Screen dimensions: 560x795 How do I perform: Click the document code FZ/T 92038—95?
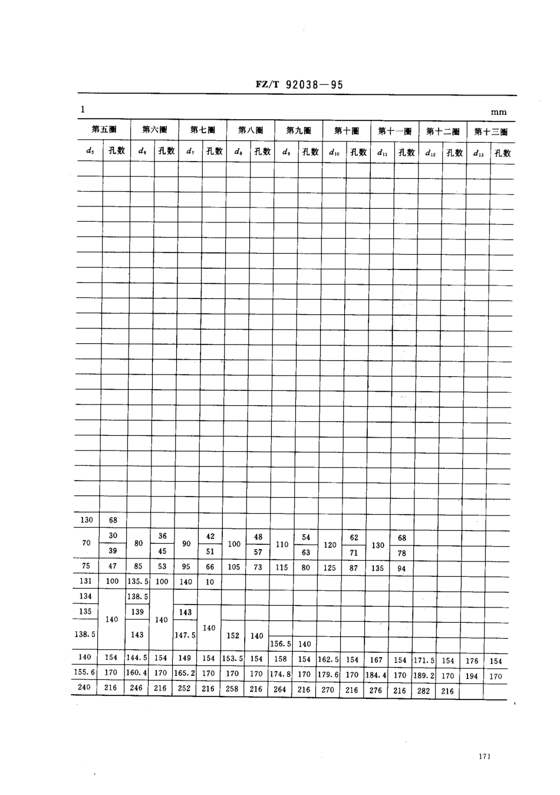click(x=299, y=84)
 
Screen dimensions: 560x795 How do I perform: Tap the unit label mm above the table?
click(x=498, y=112)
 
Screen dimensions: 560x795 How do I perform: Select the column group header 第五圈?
click(x=104, y=130)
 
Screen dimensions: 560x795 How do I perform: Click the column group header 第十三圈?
click(x=490, y=132)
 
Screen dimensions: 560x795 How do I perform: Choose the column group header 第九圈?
click(x=298, y=130)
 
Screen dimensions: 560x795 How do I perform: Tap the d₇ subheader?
click(x=190, y=151)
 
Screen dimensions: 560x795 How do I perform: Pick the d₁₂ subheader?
click(x=430, y=153)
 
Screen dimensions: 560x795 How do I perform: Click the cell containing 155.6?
click(x=85, y=672)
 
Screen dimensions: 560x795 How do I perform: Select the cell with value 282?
click(x=424, y=691)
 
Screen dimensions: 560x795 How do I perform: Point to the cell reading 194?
click(x=471, y=676)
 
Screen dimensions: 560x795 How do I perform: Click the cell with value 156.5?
click(x=281, y=644)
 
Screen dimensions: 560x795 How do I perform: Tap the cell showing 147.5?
click(x=185, y=635)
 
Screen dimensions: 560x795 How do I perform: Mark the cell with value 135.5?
click(x=137, y=582)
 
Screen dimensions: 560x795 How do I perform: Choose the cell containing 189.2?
click(x=424, y=675)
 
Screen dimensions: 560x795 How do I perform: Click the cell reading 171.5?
click(x=424, y=661)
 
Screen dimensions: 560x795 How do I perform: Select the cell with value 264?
click(x=280, y=689)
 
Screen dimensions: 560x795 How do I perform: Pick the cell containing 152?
click(x=233, y=635)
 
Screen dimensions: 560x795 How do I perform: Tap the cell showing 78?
click(x=402, y=553)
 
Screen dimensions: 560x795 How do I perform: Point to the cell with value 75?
click(x=86, y=566)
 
